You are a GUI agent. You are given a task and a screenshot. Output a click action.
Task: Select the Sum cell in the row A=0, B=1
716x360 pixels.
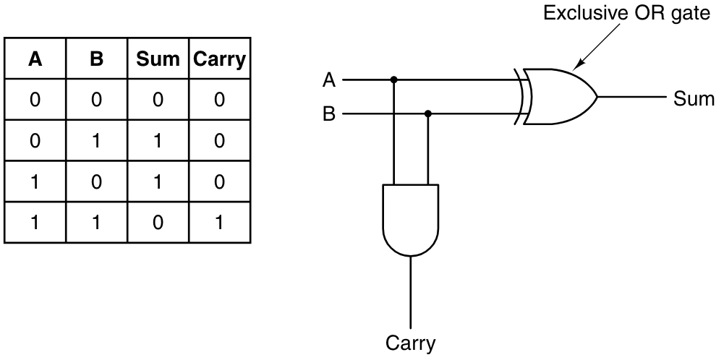point(157,141)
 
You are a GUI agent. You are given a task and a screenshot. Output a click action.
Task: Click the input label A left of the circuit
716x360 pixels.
point(329,80)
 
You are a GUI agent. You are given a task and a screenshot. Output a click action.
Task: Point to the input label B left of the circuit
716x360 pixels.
point(329,114)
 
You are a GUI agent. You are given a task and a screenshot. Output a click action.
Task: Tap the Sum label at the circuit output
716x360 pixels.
point(694,98)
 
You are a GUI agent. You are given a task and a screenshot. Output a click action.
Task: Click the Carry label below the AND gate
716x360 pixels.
point(411,342)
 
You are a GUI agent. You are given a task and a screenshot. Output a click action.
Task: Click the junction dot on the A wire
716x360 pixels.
point(394,80)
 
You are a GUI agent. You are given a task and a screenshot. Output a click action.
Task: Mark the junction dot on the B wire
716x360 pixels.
point(428,113)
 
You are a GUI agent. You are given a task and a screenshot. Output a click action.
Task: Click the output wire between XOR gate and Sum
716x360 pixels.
point(629,97)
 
